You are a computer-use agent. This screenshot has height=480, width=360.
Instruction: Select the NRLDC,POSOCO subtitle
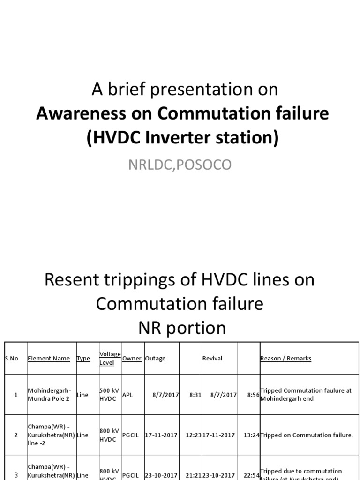coord(180,165)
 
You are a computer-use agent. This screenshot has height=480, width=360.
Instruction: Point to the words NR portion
coord(182,328)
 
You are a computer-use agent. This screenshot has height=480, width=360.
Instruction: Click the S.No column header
coord(12,359)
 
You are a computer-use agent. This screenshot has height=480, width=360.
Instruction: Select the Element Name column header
coord(49,359)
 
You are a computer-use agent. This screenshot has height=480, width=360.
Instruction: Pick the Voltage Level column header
coord(110,359)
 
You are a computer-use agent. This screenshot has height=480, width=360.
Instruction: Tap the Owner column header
coord(132,359)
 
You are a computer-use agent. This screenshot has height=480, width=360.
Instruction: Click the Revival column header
coord(212,359)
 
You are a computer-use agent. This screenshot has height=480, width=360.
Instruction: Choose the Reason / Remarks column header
coord(285,359)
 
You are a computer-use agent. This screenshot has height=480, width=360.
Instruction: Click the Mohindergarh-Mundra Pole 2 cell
coord(50,395)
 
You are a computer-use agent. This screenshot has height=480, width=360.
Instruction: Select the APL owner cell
coord(127,395)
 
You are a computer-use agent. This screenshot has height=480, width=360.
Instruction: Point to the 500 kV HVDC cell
coord(110,395)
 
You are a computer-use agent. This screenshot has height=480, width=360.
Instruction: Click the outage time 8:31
coord(195,395)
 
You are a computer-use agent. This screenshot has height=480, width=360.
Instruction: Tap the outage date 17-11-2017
coord(162,435)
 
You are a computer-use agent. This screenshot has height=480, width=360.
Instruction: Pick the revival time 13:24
coord(251,435)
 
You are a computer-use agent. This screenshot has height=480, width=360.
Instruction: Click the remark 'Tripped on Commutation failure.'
coord(307,435)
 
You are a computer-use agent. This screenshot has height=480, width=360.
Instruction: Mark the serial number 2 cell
coord(16,435)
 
